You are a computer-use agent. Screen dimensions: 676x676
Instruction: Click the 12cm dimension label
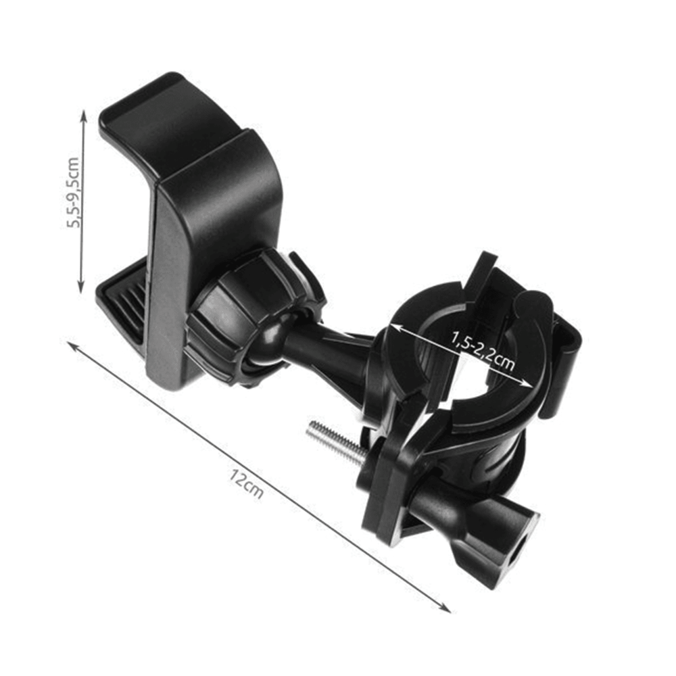[246, 485]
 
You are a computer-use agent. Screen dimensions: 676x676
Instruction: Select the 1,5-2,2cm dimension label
[483, 350]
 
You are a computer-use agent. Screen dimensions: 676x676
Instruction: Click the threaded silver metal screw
[336, 442]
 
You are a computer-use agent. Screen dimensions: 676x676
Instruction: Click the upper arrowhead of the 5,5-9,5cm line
[84, 114]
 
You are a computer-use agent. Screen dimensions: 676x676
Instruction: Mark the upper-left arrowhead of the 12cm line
[72, 345]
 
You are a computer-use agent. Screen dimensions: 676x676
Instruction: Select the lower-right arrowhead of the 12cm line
[445, 608]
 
